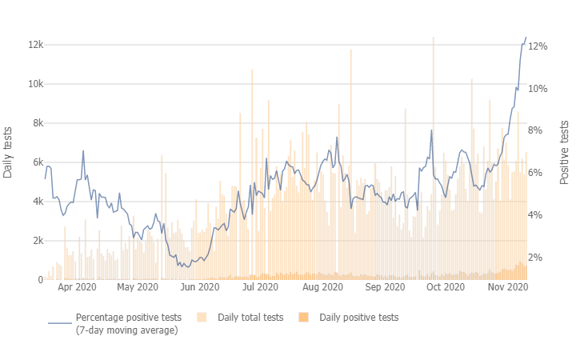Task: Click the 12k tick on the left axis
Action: (33, 45)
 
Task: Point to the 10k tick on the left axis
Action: (33, 84)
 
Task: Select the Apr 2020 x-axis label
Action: (77, 286)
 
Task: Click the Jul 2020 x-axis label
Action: (260, 286)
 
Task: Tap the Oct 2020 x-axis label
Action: (446, 286)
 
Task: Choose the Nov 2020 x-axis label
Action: (508, 286)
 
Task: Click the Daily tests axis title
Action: (9, 152)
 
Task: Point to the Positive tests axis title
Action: (565, 152)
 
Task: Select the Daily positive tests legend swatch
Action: (303, 318)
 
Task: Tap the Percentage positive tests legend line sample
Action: (60, 323)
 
